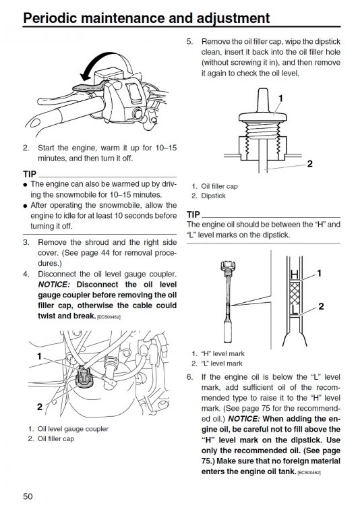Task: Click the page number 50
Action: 28,496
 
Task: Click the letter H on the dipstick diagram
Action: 295,275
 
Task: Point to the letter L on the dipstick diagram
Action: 295,310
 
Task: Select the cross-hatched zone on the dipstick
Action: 295,293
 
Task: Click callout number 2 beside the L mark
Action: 321,306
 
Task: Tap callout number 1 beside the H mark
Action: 319,273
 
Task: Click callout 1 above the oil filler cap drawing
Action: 280,98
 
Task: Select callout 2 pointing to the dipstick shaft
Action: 310,163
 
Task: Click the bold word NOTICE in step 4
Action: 54,285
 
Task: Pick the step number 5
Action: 189,42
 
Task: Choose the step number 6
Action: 189,377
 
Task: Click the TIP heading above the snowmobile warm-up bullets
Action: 30,174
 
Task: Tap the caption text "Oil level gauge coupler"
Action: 73,429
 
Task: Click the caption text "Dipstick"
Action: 213,196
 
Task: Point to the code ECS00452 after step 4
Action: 109,317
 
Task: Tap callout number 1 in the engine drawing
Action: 39,356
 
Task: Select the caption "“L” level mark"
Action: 222,364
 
